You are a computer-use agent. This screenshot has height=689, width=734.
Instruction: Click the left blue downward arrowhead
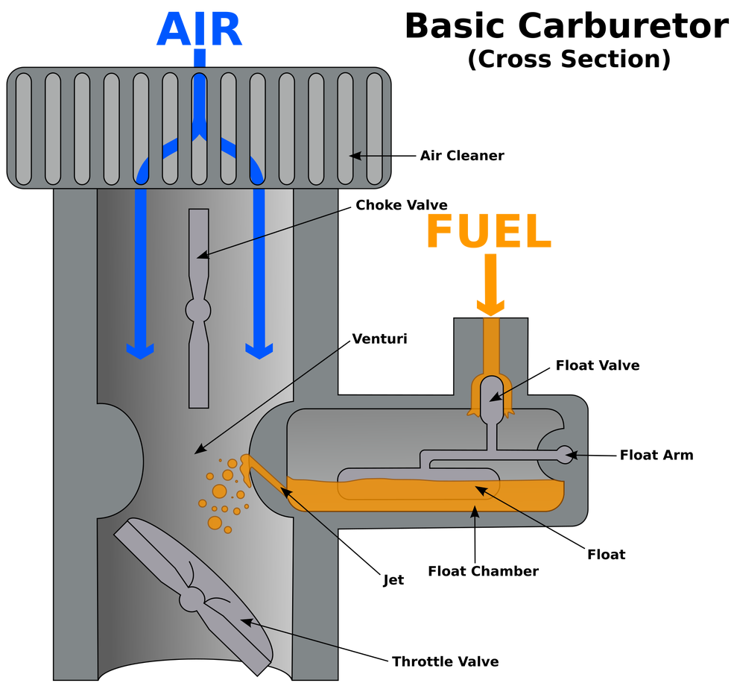point(139,350)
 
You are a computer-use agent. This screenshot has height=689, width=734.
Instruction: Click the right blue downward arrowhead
point(259,350)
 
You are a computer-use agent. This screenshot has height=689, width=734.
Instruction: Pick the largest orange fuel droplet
point(219,491)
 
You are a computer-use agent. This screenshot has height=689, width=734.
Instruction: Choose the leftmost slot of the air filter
point(23,128)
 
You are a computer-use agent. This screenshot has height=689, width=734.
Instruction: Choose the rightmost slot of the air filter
point(374,128)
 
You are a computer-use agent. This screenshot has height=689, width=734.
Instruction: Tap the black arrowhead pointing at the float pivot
point(573,454)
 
